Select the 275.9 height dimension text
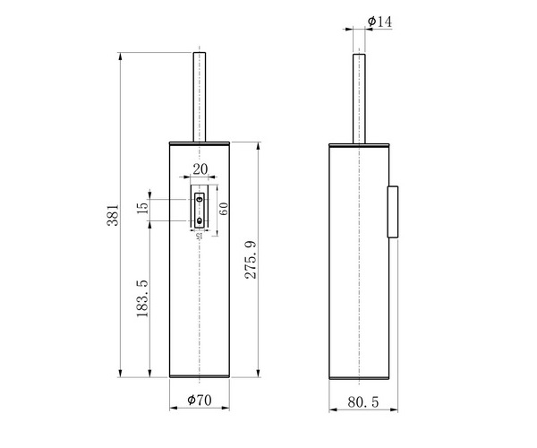point(251,259)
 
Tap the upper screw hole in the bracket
point(200,198)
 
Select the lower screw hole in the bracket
point(200,219)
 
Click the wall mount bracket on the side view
point(392,211)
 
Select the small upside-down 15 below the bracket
point(199,237)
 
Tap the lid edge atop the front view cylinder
point(200,142)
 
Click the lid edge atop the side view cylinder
point(358,143)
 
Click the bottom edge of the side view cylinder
point(358,376)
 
